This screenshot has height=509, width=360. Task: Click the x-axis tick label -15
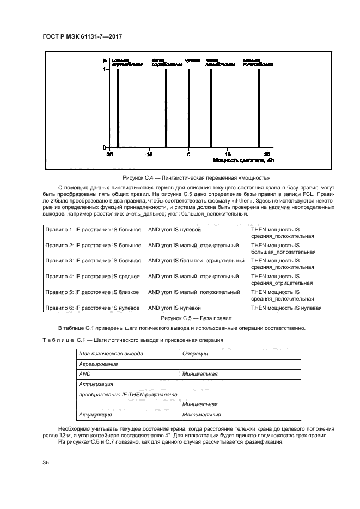click(148, 155)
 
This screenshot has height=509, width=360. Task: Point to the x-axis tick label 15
click(228, 155)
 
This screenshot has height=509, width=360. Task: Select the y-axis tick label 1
click(105, 70)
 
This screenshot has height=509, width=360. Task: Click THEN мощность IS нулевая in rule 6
click(286, 308)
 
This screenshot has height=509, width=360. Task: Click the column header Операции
click(196, 353)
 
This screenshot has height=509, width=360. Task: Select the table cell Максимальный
click(202, 415)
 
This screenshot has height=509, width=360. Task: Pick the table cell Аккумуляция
click(95, 415)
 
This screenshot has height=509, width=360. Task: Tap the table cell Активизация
click(96, 384)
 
